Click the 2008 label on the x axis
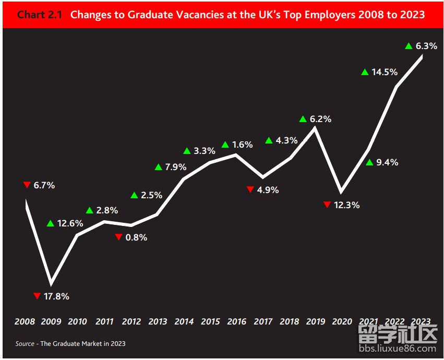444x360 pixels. (25, 321)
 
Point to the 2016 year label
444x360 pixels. (236, 321)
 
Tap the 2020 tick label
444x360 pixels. (342, 321)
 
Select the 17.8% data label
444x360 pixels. (56, 296)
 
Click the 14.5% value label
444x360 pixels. (385, 72)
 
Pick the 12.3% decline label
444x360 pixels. (346, 205)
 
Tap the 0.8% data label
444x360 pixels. (137, 237)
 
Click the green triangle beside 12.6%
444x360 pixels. (51, 223)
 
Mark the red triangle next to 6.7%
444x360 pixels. (27, 185)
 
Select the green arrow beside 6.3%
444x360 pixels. (409, 46)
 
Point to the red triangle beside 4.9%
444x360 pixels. (250, 189)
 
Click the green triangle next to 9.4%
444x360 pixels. (369, 162)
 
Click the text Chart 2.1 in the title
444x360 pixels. (40, 15)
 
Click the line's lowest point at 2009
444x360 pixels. (51, 283)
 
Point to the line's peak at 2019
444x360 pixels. (315, 127)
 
